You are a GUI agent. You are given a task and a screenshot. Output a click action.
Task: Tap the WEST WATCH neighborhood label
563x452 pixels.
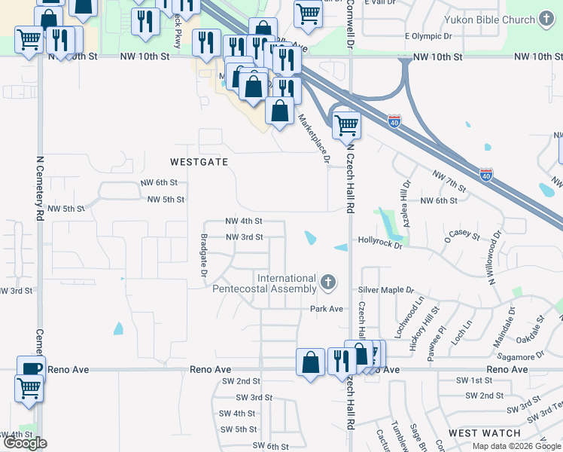click(484, 433)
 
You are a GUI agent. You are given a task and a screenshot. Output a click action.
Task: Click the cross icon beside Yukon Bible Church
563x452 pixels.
click(547, 19)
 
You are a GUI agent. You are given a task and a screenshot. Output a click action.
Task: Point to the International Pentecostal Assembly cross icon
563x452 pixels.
click(327, 283)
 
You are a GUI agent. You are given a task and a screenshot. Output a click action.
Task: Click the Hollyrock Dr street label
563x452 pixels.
click(380, 244)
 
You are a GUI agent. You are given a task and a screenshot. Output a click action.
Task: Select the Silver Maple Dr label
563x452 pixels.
click(386, 289)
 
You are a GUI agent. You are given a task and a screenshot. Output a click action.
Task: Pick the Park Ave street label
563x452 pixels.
click(327, 309)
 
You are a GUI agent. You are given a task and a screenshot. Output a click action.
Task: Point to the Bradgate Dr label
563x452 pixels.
click(203, 254)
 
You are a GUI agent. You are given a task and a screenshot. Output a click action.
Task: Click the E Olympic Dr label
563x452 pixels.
click(428, 35)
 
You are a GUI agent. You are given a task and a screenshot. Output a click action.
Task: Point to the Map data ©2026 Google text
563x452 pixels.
click(516, 446)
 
